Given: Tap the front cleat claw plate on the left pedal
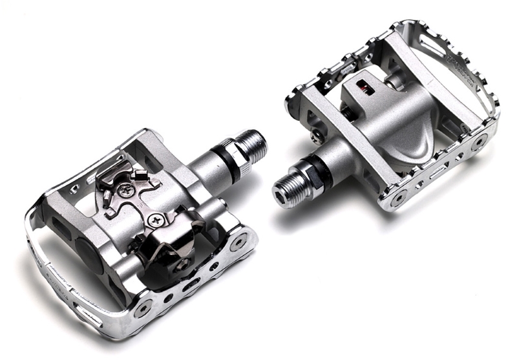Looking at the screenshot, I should [123, 178].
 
